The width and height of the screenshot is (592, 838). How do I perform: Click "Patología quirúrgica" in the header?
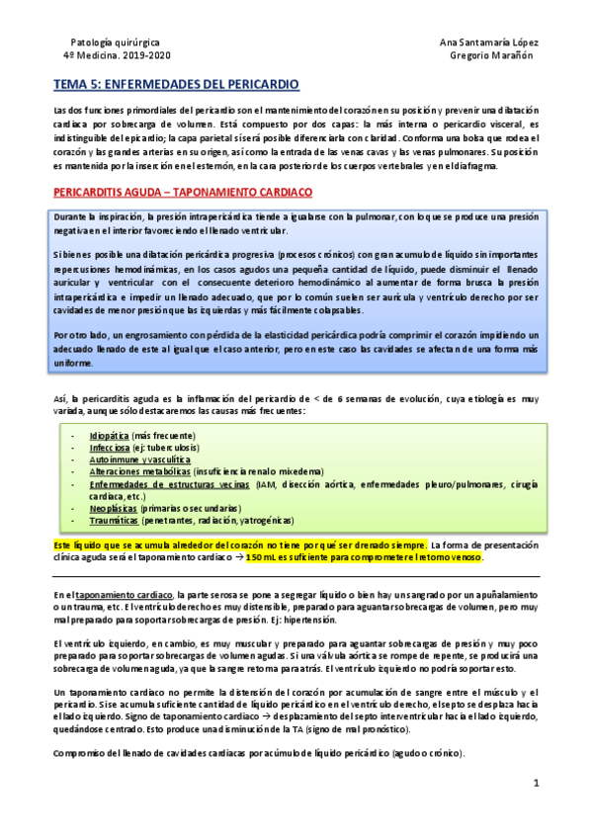(x=113, y=41)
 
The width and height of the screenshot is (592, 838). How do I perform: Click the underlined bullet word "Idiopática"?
(x=109, y=435)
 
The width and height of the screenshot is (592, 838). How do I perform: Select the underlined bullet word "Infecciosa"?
(x=110, y=448)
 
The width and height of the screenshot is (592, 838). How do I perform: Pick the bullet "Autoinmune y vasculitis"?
(x=139, y=460)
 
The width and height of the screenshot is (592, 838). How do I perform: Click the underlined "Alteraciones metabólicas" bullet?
(x=139, y=471)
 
